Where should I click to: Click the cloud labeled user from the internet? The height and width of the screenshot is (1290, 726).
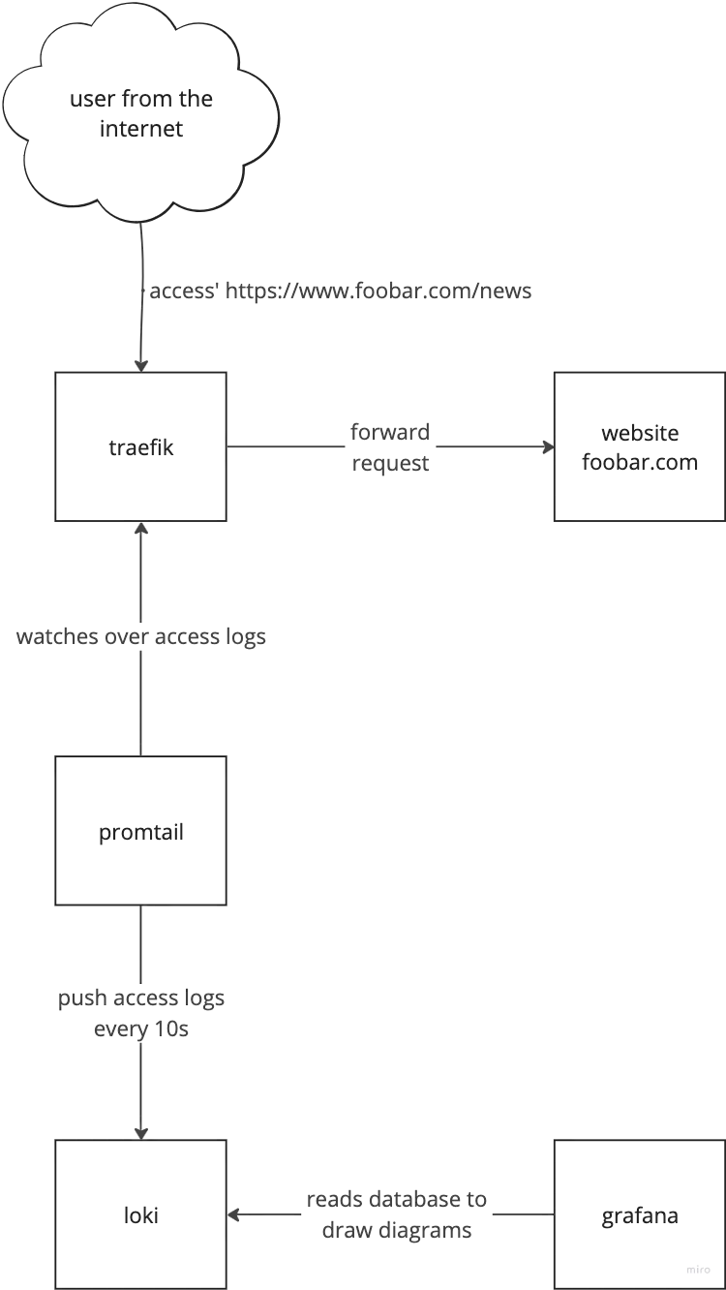tap(141, 113)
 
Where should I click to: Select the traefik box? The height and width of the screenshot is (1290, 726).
tap(141, 446)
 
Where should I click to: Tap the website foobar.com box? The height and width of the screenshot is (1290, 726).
tap(640, 446)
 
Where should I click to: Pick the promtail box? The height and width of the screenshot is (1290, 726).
tap(141, 831)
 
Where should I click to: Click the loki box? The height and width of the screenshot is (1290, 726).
tap(141, 1214)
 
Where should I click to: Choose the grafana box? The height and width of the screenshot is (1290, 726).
tap(640, 1214)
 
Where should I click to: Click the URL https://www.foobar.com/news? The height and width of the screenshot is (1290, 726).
tap(378, 291)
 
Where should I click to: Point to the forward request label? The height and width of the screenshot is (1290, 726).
tap(390, 447)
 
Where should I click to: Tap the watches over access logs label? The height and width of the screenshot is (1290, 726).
tap(141, 636)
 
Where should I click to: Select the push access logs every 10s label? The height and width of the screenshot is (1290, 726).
tap(141, 1013)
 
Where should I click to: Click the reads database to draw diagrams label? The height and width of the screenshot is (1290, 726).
tap(397, 1214)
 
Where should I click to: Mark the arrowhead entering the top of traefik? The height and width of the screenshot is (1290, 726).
tap(141, 366)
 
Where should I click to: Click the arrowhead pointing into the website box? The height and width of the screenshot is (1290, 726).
tap(549, 446)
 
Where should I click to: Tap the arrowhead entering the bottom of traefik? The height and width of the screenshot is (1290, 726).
tap(141, 528)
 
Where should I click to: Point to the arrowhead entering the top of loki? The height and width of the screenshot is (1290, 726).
tap(141, 1133)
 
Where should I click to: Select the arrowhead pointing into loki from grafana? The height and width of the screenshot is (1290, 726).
tap(233, 1214)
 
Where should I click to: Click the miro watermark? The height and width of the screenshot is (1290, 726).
tap(698, 1270)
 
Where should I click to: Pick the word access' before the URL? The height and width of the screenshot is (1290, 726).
tap(183, 291)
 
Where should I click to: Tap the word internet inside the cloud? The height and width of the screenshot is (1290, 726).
tap(141, 129)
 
